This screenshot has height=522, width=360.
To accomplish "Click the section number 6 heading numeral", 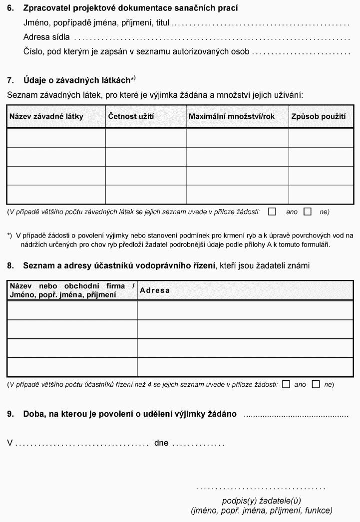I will [10, 8].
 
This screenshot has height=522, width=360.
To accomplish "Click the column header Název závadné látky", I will [46, 117].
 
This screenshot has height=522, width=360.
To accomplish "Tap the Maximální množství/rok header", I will [231, 117].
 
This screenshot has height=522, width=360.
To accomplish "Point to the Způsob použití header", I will [319, 117].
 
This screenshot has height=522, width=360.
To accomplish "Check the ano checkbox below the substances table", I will [272, 212].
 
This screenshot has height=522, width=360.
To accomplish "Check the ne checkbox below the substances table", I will [308, 212].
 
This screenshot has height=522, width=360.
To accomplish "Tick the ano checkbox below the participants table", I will [286, 384].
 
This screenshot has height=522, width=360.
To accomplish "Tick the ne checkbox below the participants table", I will [316, 384].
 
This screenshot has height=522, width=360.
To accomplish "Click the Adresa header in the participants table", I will [155, 290].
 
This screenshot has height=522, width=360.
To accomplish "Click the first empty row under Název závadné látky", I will [56, 138].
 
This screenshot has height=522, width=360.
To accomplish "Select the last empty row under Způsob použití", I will [321, 195].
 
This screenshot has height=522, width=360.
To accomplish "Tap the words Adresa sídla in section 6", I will [46, 37].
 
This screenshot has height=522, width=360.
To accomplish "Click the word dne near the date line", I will [162, 443].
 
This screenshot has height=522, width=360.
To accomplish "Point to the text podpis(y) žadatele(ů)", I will [261, 501].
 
